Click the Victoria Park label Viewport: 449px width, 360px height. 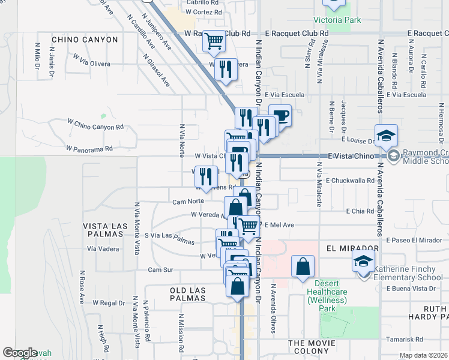click(337, 20)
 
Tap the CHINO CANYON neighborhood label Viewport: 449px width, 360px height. click(85, 40)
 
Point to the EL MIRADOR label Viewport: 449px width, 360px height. click(353, 248)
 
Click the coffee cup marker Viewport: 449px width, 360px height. click(280, 115)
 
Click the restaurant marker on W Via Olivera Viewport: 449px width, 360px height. click(226, 69)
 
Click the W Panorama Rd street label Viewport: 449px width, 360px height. click(89, 148)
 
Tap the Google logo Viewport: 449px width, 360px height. click(20, 353)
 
